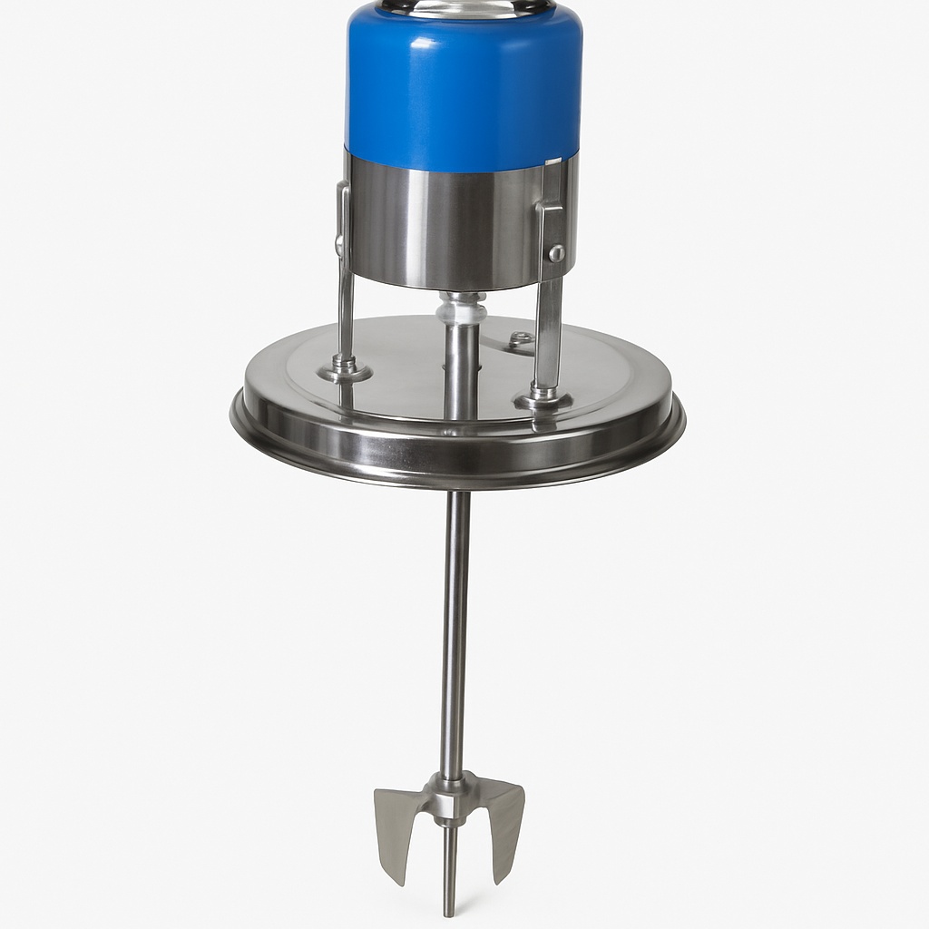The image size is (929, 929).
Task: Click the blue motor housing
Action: [x=464, y=82]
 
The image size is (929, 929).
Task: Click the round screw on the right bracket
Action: [x=557, y=253]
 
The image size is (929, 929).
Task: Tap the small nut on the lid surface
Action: [x=521, y=339]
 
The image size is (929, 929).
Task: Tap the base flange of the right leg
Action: [x=543, y=397]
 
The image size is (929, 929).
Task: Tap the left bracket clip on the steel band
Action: [x=342, y=218]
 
